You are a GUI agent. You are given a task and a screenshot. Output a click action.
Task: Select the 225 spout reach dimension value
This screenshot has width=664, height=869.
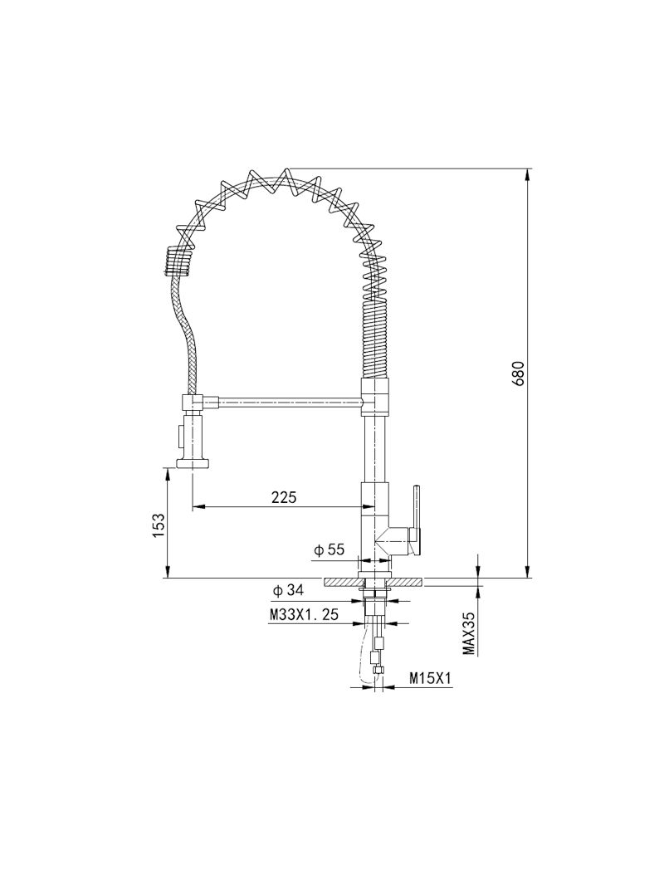click(284, 496)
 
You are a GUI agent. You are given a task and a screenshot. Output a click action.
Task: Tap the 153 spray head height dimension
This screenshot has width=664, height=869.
click(159, 524)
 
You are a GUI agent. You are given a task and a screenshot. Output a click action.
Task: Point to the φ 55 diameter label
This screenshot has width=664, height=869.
click(329, 549)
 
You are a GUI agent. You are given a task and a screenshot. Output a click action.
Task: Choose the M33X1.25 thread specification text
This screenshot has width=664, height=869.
click(303, 614)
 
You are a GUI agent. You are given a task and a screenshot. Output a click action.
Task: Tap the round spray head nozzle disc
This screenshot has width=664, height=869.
click(193, 463)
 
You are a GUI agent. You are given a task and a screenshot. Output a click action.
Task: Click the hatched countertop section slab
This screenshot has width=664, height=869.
click(374, 582)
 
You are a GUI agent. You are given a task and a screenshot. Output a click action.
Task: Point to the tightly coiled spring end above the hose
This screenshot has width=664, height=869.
click(177, 261)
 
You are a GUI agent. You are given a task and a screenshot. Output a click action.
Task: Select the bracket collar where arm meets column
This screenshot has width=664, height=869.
click(375, 397)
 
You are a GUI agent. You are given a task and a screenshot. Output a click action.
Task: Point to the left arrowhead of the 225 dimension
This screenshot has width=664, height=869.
click(199, 506)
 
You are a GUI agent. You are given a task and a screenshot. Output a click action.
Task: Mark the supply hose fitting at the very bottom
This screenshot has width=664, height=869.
click(378, 671)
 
